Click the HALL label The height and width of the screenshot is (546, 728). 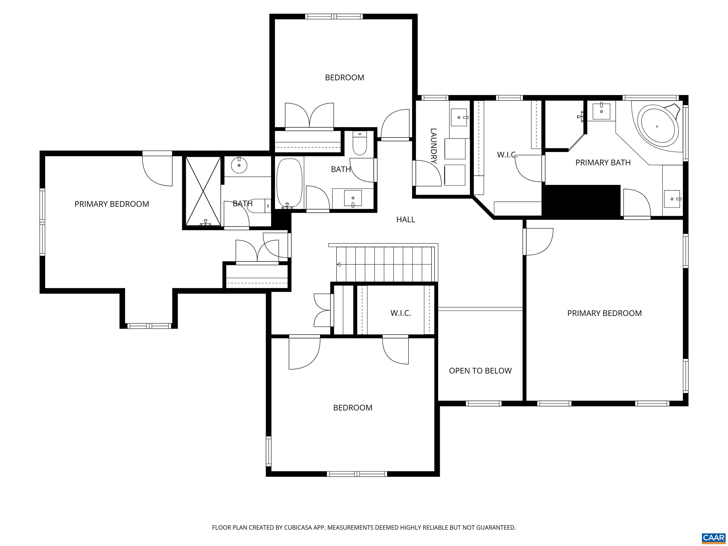tap(405, 219)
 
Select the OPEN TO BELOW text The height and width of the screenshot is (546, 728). tap(480, 371)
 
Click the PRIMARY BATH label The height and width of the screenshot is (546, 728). tap(603, 163)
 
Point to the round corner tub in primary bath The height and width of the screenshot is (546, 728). tap(658, 126)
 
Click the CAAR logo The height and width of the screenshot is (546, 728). tap(714, 537)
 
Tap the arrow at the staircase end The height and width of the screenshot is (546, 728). tap(338, 264)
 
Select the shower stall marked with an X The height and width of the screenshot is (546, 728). tap(203, 191)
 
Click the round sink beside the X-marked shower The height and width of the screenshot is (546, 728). tap(239, 165)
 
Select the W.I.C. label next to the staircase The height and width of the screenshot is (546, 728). tap(401, 313)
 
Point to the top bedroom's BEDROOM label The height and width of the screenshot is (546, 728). tap(345, 78)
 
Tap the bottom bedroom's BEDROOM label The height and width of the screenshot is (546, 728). tap(353, 408)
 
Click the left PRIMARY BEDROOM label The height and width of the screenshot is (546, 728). tap(112, 204)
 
